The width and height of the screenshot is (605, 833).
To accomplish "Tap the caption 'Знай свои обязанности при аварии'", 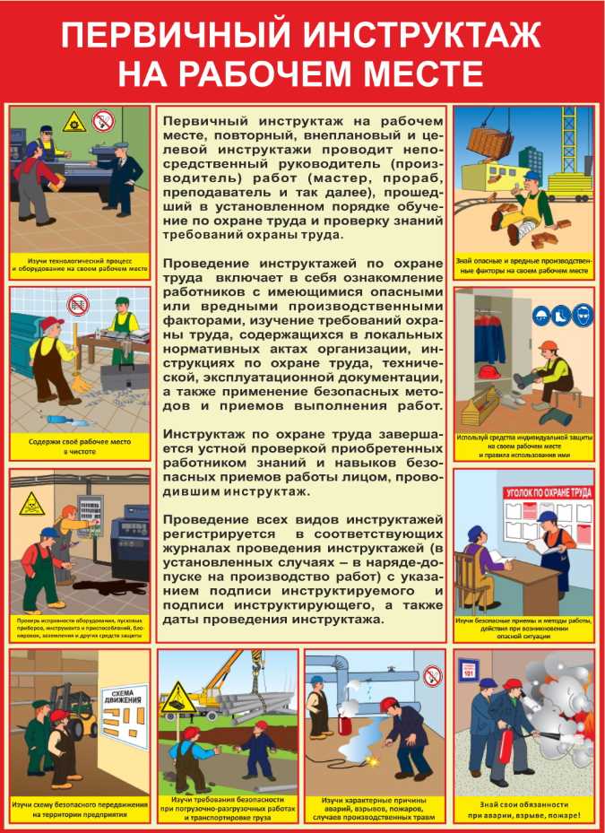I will pos(523,810).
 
